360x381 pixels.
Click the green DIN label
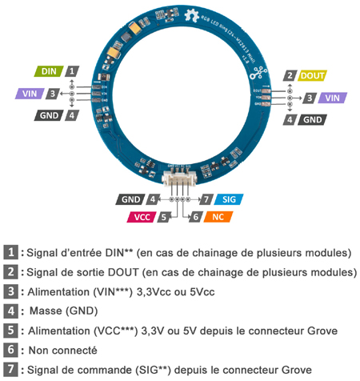click(x=48, y=71)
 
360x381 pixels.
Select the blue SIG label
click(x=228, y=199)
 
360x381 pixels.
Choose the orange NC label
click(x=218, y=216)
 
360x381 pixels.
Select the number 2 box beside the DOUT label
click(x=289, y=76)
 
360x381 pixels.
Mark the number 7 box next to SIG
click(x=206, y=199)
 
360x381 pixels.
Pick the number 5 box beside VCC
click(x=162, y=216)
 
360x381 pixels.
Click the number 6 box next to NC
click(x=194, y=216)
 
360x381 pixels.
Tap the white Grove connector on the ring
click(x=179, y=177)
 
